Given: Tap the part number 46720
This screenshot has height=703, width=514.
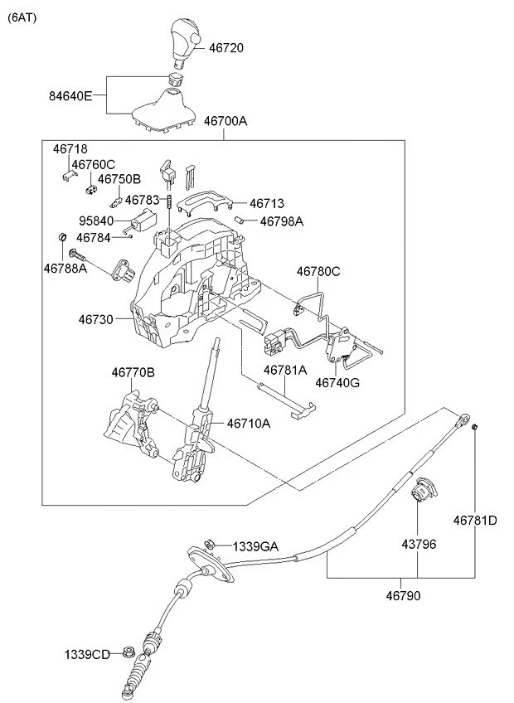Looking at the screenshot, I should tap(225, 49).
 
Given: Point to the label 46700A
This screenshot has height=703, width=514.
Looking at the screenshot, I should tap(225, 121).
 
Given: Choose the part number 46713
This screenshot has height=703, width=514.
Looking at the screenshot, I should tap(267, 202).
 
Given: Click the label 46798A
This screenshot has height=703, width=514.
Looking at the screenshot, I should tap(282, 221).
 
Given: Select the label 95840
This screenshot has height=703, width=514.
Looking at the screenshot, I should tap(97, 221).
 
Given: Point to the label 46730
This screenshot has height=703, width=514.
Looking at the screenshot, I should tap(97, 318).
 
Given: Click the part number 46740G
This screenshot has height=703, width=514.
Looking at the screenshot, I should tap(337, 382).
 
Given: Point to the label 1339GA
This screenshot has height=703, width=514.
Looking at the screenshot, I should tap(255, 546).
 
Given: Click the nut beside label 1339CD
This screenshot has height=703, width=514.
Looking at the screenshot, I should tap(128, 652).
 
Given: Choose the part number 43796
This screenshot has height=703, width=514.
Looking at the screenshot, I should tap(419, 544).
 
